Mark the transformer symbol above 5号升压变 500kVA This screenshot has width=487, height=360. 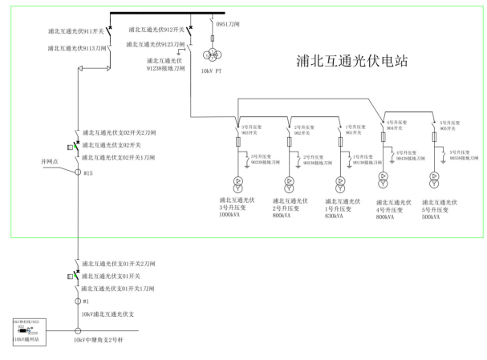pyautogui.click(x=434, y=176)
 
